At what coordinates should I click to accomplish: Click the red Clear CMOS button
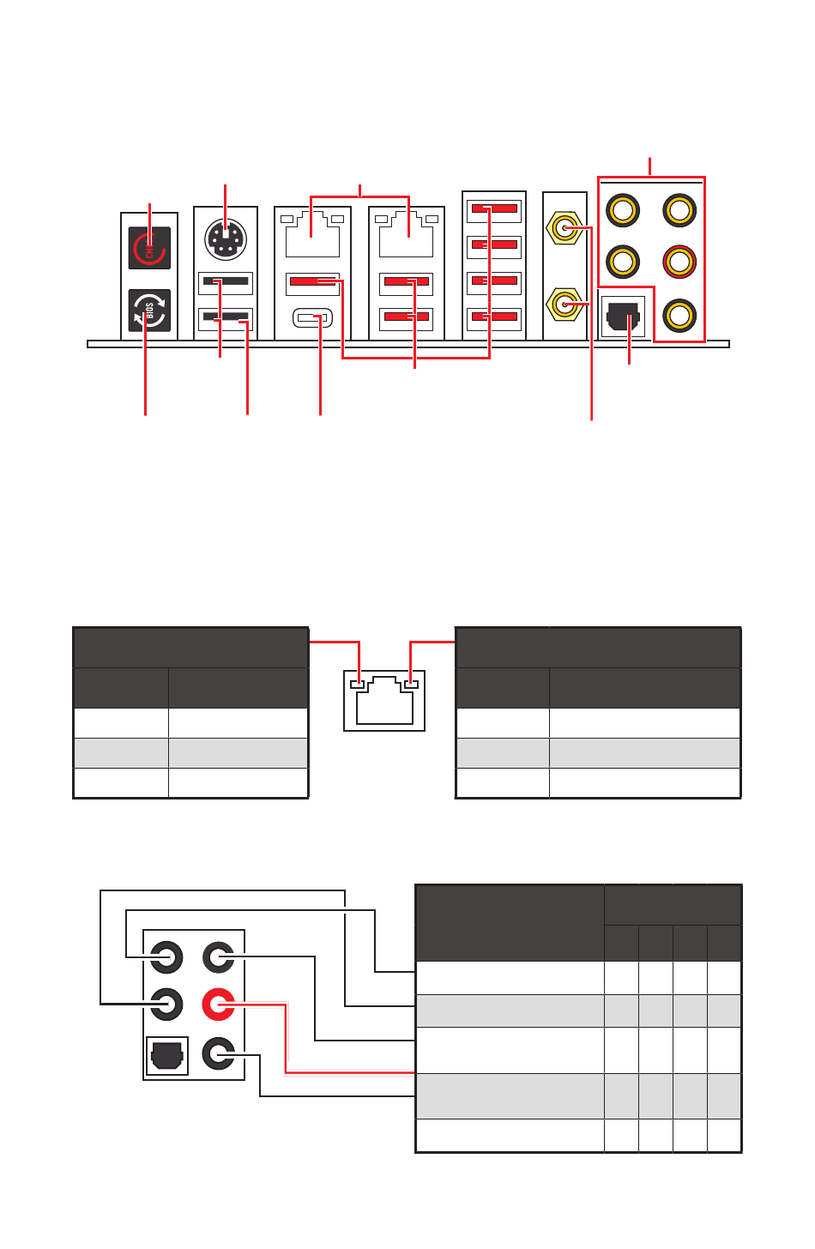[149, 249]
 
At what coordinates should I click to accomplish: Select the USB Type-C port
[312, 319]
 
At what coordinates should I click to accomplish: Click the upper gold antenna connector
[564, 228]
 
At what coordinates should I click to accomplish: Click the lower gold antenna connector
[564, 303]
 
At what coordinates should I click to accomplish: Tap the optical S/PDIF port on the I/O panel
[622, 319]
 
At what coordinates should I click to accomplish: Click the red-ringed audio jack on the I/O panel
[679, 261]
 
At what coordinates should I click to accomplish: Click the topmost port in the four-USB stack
[494, 209]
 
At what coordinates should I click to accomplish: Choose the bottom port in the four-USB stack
[494, 319]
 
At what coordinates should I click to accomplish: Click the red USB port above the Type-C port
[312, 281]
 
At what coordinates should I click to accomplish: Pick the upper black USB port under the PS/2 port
[226, 281]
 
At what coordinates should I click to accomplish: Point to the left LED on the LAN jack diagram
[359, 685]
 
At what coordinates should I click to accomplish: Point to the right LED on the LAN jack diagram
[411, 685]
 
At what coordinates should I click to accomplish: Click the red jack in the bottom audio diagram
[218, 1005]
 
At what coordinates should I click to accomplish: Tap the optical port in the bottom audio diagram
[166, 1054]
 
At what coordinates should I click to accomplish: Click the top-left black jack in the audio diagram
[166, 956]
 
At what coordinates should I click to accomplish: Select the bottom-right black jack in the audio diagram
[218, 1053]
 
